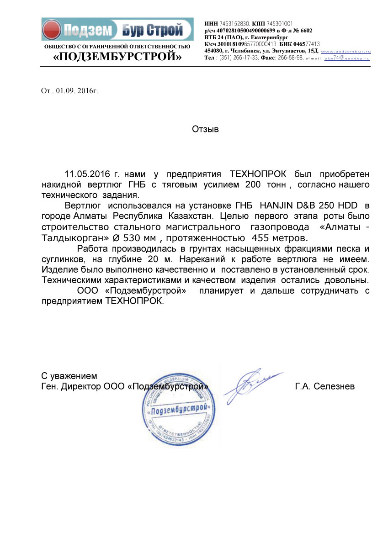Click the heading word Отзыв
tap(205, 129)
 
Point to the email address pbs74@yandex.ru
tap(347, 58)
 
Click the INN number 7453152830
tap(234, 23)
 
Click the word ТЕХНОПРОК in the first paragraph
tap(258, 174)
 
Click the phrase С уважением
tap(69, 376)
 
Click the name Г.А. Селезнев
tap(325, 387)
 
